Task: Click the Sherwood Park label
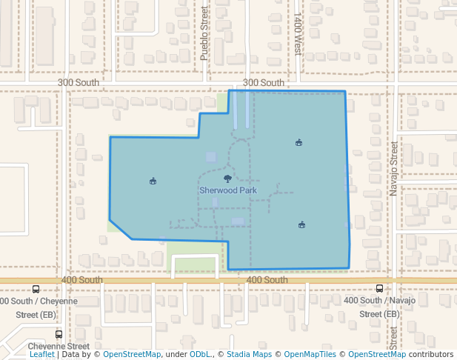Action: [227, 190]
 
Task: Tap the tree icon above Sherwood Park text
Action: [227, 179]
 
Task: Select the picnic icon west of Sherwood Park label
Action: [153, 181]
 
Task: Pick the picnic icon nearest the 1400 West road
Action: [298, 143]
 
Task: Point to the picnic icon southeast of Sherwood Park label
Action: [301, 224]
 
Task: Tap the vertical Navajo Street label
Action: [394, 170]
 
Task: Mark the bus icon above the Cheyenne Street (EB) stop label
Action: [36, 290]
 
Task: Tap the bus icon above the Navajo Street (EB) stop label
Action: [380, 289]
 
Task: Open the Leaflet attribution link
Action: [41, 355]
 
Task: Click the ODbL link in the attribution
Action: [200, 355]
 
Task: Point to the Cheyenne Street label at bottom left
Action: [59, 346]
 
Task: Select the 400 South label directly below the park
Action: [267, 280]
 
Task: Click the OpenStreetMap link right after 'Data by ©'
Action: [132, 355]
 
